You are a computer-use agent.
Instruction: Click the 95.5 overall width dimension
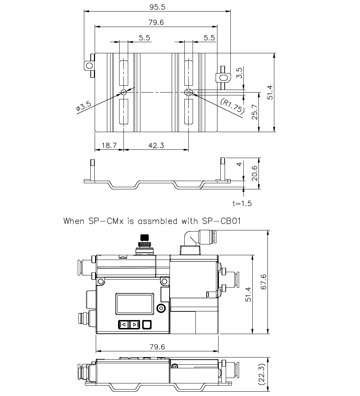(157, 7)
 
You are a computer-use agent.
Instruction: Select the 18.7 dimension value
(109, 145)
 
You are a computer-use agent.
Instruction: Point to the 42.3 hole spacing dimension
(156, 145)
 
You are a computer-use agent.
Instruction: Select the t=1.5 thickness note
(242, 203)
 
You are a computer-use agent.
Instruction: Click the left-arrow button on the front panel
(123, 325)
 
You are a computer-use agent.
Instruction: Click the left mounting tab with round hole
(89, 65)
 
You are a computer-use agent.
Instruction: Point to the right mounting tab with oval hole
(223, 77)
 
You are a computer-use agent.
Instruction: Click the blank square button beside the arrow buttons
(147, 325)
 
